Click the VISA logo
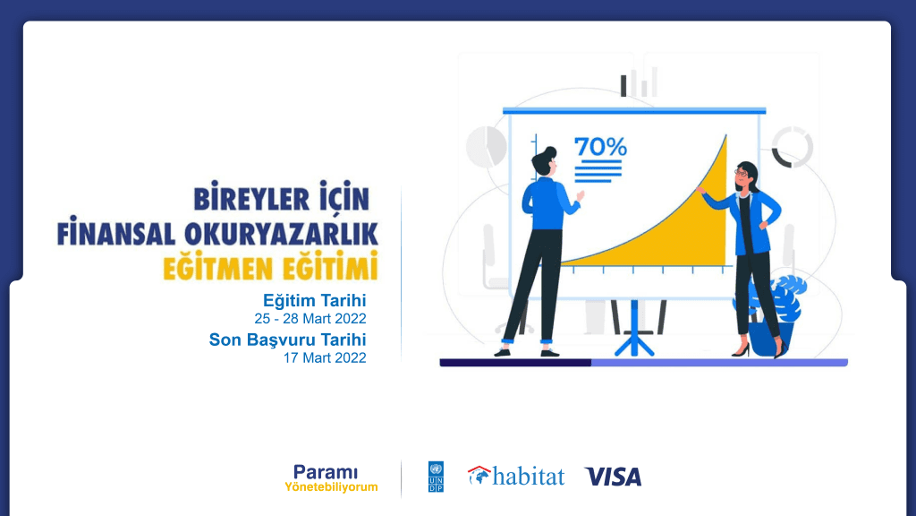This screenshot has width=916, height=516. tap(613, 477)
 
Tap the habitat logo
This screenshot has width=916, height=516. tap(516, 476)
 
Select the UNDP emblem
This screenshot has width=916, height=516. tap(436, 477)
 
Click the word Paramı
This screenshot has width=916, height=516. tap(326, 472)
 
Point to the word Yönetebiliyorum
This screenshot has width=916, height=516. tap(331, 486)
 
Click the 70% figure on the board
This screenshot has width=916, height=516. tap(600, 147)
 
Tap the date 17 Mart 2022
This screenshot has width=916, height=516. tap(325, 357)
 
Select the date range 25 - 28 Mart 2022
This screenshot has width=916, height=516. tap(310, 319)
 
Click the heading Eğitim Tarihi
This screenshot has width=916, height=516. tap(314, 301)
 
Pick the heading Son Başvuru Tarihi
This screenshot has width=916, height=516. tap(287, 340)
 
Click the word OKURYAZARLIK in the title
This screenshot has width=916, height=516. tap(281, 234)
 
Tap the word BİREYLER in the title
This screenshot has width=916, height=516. tap(251, 198)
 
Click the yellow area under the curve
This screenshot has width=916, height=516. tap(690, 234)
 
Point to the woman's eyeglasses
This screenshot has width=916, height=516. tap(741, 173)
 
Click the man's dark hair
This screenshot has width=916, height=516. tap(544, 159)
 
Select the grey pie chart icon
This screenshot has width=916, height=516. tap(486, 146)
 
